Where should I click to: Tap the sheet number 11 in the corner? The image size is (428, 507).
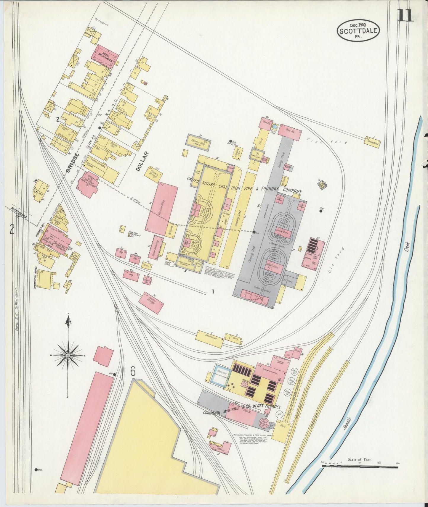(x=405, y=15)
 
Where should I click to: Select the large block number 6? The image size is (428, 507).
(x=133, y=371)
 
